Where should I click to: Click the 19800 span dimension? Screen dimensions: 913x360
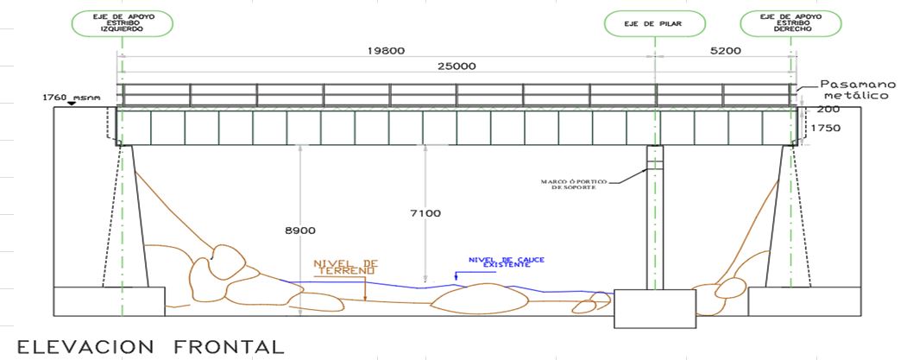tap(386, 51)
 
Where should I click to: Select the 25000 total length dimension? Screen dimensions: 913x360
tap(456, 66)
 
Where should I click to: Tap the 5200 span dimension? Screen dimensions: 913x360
tap(726, 51)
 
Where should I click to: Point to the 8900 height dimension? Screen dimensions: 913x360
tap(299, 231)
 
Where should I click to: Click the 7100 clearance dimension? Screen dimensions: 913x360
tap(425, 213)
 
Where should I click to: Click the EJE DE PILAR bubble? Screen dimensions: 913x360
tap(655, 24)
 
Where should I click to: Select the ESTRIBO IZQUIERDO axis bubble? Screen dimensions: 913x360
tap(123, 24)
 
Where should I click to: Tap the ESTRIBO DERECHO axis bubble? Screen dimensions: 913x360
tap(790, 24)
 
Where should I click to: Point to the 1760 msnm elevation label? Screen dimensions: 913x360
tap(72, 98)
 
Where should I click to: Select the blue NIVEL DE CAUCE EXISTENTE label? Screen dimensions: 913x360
tap(506, 262)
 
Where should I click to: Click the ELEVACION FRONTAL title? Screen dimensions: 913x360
tap(151, 347)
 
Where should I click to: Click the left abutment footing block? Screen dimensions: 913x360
tap(109, 301)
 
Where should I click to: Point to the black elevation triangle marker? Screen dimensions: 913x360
tap(71, 104)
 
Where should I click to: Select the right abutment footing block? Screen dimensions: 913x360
tap(804, 301)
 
